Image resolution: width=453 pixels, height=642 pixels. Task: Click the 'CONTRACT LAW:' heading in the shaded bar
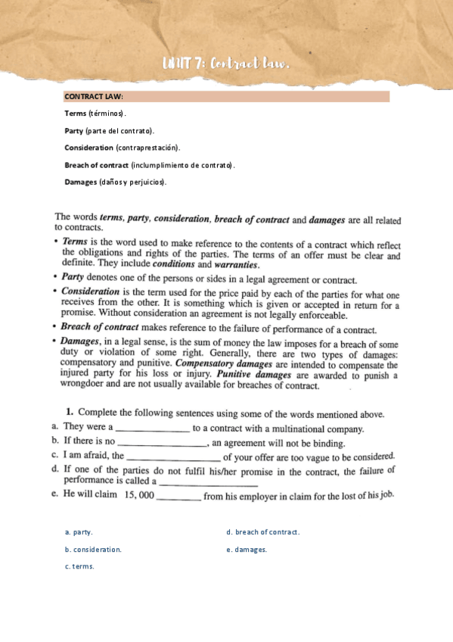tap(94, 97)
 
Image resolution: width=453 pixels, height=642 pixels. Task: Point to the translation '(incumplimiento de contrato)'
tap(182, 164)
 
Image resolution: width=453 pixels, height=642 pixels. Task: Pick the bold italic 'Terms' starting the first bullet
tap(75, 242)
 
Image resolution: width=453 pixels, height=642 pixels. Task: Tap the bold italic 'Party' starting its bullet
tap(73, 277)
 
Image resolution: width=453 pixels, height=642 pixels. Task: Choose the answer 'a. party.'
tap(79, 532)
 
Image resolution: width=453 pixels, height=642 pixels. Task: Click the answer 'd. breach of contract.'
tap(262, 532)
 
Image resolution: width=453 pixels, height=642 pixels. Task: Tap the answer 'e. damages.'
tap(247, 550)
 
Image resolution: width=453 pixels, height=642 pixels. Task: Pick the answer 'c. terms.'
tap(79, 566)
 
